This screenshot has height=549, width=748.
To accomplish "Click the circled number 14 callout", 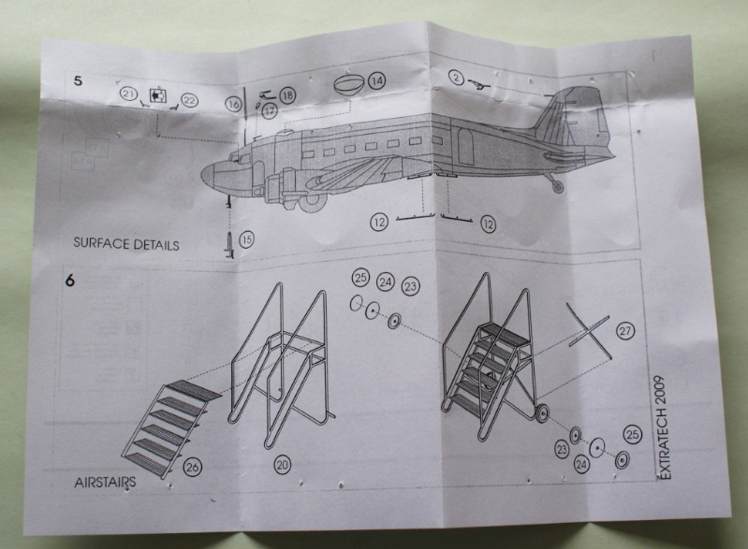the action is (377, 80).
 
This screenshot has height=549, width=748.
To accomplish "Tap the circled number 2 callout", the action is (457, 78).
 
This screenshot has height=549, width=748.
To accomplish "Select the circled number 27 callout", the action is (625, 331).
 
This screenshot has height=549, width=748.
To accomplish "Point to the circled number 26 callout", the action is (192, 468).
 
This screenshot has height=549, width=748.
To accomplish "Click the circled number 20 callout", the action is (283, 464).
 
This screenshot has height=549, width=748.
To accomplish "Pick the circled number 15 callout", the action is (246, 239).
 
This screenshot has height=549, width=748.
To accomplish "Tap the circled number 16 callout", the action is (234, 104).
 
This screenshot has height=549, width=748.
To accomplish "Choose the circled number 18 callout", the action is (287, 95).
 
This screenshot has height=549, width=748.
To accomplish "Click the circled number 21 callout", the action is (128, 94).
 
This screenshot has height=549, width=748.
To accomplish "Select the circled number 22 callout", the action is (189, 101).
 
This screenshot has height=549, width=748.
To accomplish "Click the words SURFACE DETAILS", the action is (126, 243).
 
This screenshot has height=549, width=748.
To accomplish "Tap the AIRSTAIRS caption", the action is (105, 483).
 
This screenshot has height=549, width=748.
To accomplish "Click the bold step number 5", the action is (78, 81).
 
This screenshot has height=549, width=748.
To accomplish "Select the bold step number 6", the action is (70, 281).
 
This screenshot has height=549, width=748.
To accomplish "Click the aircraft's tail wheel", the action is (557, 187).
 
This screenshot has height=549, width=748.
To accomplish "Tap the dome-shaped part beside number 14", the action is (348, 85).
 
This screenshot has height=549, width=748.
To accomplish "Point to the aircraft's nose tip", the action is (204, 176).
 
